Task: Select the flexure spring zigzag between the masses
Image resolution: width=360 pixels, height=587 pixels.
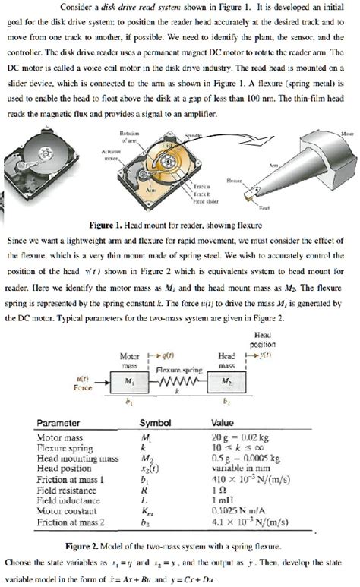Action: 183,382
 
